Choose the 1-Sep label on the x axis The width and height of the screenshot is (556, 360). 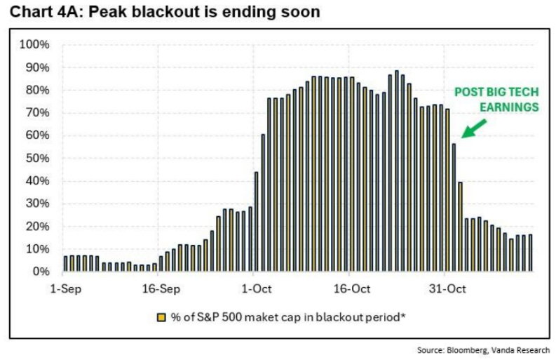(x=65, y=288)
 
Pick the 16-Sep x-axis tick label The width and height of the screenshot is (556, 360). (x=160, y=288)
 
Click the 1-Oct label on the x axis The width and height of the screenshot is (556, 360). (x=256, y=288)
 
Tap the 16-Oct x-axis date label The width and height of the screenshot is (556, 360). (x=351, y=288)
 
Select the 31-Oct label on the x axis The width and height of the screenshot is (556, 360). (x=447, y=288)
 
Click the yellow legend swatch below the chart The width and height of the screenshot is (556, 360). (x=161, y=316)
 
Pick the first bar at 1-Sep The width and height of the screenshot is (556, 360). (x=66, y=263)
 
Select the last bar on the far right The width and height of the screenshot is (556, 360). (x=530, y=253)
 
